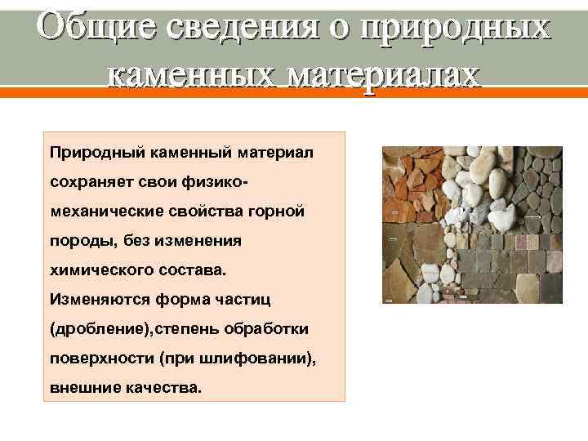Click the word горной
(277, 212)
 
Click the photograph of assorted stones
(473, 225)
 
